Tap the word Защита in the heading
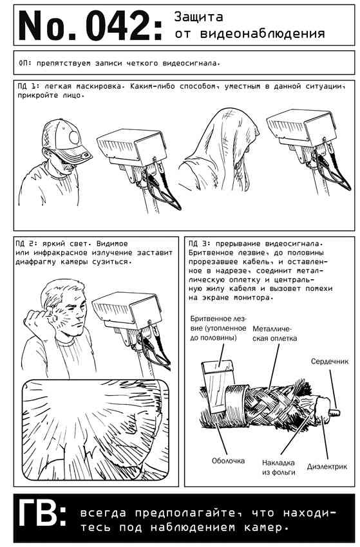coord(198,17)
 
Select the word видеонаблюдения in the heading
coord(262,34)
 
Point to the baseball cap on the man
coord(66,138)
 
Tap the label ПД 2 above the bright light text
coord(25,243)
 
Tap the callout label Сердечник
coord(329,362)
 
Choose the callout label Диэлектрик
coord(327,467)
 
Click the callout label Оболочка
coord(228,461)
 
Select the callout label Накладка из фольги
coord(279,467)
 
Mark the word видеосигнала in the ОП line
coord(191,64)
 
